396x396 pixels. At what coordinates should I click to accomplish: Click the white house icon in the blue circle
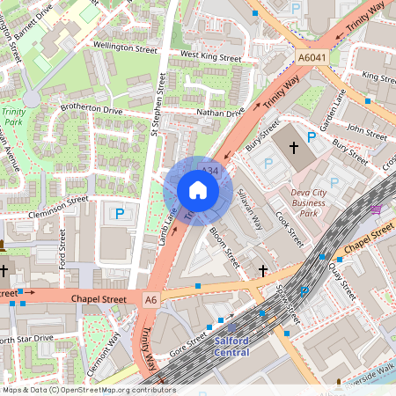tap(198, 190)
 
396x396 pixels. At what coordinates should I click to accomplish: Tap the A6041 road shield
tap(312, 58)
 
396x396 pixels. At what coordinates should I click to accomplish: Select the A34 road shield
tap(209, 169)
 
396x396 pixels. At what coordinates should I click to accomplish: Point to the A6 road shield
tap(151, 300)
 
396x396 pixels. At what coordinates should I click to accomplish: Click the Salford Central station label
tap(231, 346)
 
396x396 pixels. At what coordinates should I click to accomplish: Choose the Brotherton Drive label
tap(90, 111)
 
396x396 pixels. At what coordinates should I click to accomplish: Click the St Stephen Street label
tap(158, 105)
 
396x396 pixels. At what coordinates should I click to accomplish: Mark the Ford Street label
tap(62, 249)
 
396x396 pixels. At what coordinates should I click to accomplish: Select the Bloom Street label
tap(225, 249)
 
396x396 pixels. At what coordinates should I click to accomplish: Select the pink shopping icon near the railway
tap(377, 209)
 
